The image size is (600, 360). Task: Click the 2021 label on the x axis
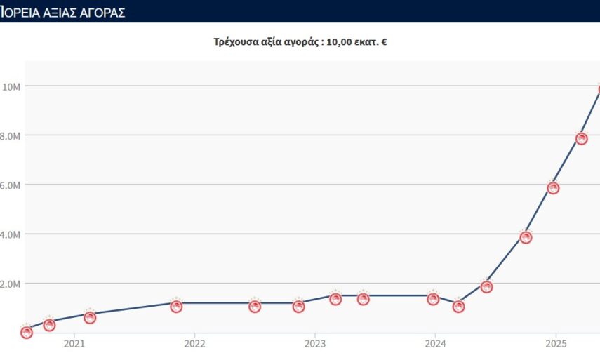[x=74, y=344]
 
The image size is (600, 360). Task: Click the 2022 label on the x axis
[x=194, y=344]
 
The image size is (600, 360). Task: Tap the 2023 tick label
[x=315, y=344]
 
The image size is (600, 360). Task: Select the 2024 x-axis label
[x=436, y=344]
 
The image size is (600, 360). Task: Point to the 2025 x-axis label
[x=556, y=344]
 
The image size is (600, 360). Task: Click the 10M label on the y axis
[x=11, y=86]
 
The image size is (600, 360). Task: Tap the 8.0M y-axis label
[x=10, y=135]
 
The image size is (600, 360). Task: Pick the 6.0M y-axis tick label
[x=10, y=185]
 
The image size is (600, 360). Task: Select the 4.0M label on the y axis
[x=10, y=234]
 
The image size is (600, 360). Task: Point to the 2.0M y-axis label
[x=10, y=284]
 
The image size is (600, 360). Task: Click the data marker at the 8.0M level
[x=581, y=138]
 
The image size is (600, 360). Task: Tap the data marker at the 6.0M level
[x=553, y=188]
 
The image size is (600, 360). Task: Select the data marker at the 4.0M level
[x=526, y=237]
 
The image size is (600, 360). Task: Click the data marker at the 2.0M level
[x=486, y=286]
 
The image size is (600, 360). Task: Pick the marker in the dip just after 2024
[x=458, y=306]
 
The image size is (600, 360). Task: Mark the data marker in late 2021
[x=176, y=306]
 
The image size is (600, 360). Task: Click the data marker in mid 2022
[x=255, y=306]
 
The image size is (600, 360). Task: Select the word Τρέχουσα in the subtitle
[x=235, y=42]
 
